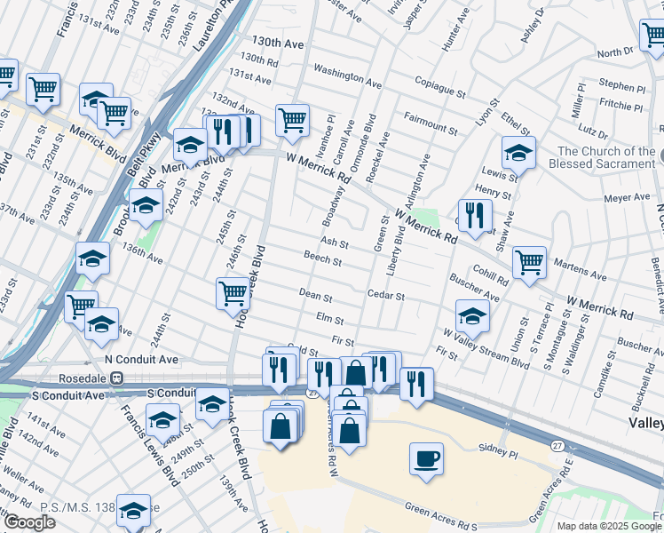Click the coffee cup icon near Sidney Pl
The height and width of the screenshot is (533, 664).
point(427,459)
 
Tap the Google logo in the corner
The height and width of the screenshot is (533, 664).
point(29,523)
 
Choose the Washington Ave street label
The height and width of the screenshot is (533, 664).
point(347,76)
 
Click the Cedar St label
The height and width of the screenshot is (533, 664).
point(386,295)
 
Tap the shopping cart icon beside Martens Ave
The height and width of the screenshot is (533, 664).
point(529,261)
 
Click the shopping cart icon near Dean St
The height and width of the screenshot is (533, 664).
point(233,292)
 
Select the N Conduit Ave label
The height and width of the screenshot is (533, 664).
point(142,359)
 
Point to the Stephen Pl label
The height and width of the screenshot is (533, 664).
point(622,87)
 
